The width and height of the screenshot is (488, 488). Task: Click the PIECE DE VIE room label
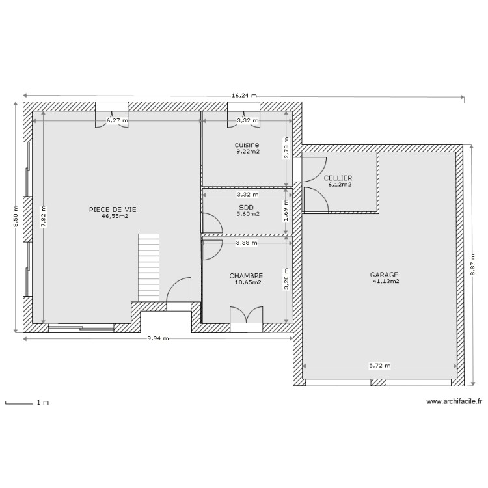pyautogui.click(x=113, y=209)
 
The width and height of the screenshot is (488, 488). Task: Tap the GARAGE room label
pyautogui.click(x=385, y=275)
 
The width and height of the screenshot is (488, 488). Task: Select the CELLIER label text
pyautogui.click(x=338, y=178)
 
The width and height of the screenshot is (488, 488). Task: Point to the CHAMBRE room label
pyautogui.click(x=246, y=276)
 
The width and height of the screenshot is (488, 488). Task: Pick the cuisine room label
pyautogui.click(x=247, y=144)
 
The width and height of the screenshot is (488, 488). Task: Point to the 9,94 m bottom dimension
pyautogui.click(x=157, y=338)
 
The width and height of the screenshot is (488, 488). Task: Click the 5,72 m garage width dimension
pyautogui.click(x=379, y=366)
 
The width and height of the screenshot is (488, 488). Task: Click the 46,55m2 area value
pyautogui.click(x=115, y=216)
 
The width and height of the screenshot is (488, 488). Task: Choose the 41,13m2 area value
pyautogui.click(x=385, y=282)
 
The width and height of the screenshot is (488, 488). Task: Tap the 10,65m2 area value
pyautogui.click(x=247, y=283)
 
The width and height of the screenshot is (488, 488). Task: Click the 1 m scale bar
pyautogui.click(x=20, y=403)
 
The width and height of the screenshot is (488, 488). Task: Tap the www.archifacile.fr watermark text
pyautogui.click(x=454, y=403)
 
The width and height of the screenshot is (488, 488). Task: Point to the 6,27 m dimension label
pyautogui.click(x=117, y=120)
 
